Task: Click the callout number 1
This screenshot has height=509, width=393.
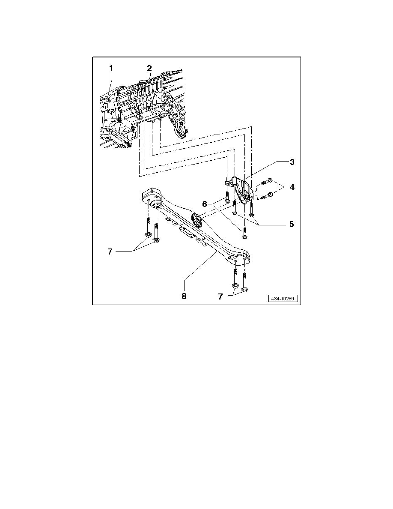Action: [x=111, y=69]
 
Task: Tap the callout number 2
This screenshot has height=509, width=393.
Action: [x=149, y=69]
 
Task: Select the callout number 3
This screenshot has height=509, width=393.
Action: [x=292, y=162]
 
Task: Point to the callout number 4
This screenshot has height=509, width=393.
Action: [x=292, y=187]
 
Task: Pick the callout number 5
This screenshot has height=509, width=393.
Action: [x=292, y=225]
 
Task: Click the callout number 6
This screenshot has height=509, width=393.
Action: [x=205, y=204]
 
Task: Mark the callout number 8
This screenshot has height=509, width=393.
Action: [x=184, y=296]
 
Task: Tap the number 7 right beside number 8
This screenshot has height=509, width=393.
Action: [x=220, y=296]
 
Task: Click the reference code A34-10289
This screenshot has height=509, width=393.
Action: [x=283, y=299]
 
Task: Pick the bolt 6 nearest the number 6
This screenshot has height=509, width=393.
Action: [x=227, y=198]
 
